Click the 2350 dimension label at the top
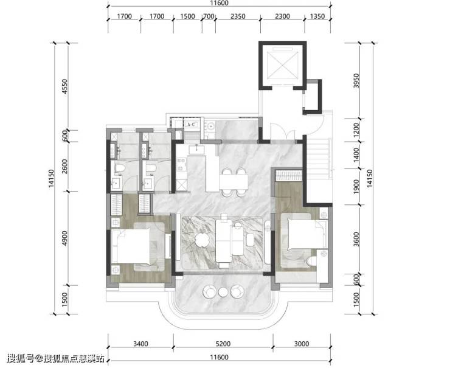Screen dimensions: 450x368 pos(238,16)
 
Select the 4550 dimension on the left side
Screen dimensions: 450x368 pos(64,87)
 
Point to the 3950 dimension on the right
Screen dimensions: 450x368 pos(356,81)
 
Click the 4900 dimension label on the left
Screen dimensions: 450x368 pos(64,238)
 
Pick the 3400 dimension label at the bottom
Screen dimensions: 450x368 pos(140,344)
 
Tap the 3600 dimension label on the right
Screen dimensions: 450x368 pos(356,239)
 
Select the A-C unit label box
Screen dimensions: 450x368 pos(191,125)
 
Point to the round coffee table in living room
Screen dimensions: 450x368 pos(202,240)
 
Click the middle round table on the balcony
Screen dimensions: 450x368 pos(223,292)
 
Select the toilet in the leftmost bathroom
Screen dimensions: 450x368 pos(119,168)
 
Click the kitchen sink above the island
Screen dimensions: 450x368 pos(196,150)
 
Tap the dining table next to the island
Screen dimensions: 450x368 pos(234,182)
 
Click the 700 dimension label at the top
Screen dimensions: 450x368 pos(209,16)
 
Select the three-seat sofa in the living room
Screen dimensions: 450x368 pos(224,241)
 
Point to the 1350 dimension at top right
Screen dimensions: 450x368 pos(317,16)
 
